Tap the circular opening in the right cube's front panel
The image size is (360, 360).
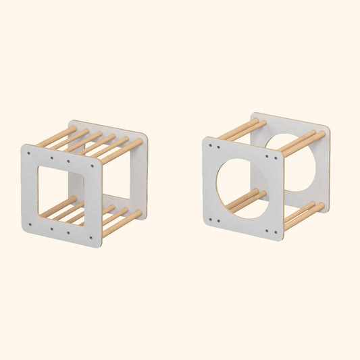244,188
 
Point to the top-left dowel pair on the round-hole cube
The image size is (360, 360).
241,130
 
